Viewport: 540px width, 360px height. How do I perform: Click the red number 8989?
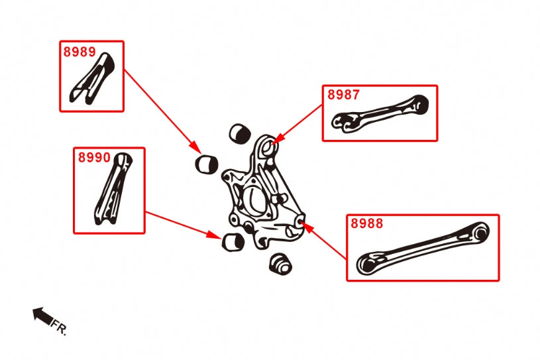pyautogui.click(x=79, y=52)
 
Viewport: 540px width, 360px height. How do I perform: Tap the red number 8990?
pyautogui.click(x=94, y=158)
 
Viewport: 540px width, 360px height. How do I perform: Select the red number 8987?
pyautogui.click(x=343, y=95)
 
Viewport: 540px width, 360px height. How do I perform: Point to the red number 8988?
pyautogui.click(x=366, y=224)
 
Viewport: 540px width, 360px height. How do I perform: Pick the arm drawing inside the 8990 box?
pyautogui.click(x=111, y=190)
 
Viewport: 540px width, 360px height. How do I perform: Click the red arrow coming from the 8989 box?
pyautogui.click(x=162, y=109)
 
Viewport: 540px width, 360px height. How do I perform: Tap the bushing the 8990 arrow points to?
pyautogui.click(x=233, y=243)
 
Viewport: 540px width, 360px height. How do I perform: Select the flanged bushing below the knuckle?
pyautogui.click(x=282, y=265)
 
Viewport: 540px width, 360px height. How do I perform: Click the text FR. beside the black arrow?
pyautogui.click(x=59, y=327)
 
